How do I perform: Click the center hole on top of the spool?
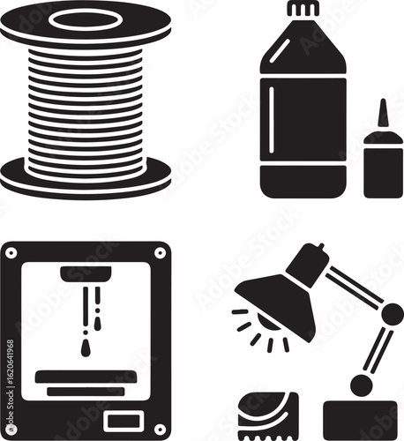coord(86,19)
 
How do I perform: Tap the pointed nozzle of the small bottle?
coord(382,115)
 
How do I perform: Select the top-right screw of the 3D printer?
coord(160,252)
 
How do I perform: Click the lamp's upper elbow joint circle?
coord(392,313)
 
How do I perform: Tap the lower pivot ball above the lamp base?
coord(361,385)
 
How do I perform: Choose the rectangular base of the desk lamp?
coord(360,420)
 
